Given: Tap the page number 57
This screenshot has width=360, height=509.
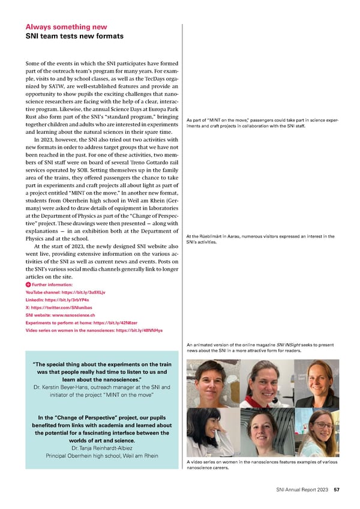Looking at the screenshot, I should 337,490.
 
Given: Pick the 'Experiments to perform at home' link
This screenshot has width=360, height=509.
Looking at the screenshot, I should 77,322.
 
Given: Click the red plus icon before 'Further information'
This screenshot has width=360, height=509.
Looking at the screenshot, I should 28,283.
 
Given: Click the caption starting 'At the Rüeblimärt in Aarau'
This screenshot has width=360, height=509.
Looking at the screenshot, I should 260,239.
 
